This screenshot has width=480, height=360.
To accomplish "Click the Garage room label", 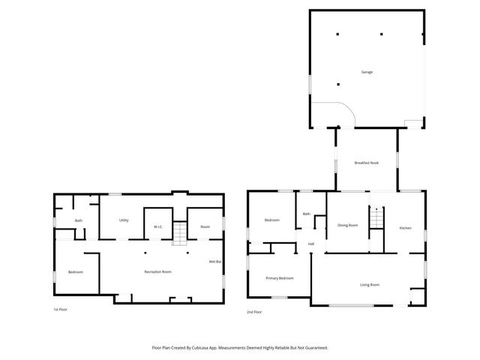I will (x=367, y=72).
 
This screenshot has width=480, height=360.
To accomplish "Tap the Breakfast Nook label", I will (x=367, y=163).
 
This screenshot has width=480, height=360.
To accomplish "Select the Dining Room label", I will (x=347, y=225).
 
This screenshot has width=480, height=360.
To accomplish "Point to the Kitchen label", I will (x=405, y=227).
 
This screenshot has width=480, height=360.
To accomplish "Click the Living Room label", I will (x=370, y=284).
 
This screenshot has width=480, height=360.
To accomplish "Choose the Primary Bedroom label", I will (x=280, y=277).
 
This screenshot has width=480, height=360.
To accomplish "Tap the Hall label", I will (x=310, y=244).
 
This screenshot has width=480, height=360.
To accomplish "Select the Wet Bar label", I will (x=215, y=261).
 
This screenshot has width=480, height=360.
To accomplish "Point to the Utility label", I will (x=124, y=220).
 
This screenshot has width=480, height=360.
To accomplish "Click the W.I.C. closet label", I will (x=158, y=226).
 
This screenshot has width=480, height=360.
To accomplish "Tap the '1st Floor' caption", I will (x=61, y=309).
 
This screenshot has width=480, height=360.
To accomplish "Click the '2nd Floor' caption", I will (x=254, y=311).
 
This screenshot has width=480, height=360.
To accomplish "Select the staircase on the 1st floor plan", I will (x=179, y=233).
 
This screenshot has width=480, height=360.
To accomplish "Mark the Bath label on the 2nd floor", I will (x=306, y=214).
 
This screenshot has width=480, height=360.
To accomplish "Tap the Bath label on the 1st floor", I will (x=78, y=220).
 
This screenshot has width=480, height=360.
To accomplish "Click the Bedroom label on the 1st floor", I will (x=75, y=271).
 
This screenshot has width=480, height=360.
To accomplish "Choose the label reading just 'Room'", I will (x=205, y=226).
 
